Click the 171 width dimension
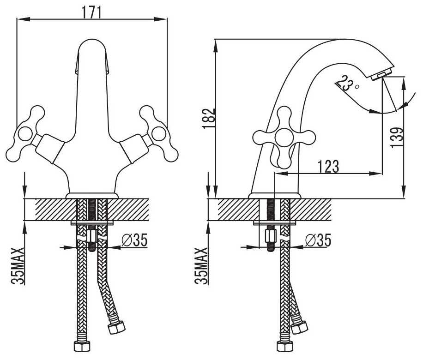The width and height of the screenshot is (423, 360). [x=91, y=12]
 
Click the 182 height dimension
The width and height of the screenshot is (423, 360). [x=209, y=119]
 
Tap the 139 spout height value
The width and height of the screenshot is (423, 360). [x=396, y=137]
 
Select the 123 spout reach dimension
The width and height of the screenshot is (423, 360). [x=328, y=166]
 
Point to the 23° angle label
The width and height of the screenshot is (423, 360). [x=347, y=84]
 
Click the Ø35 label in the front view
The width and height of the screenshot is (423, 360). [x=134, y=240]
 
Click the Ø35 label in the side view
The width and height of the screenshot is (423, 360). [x=318, y=240]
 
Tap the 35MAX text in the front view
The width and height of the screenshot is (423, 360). [x=18, y=266]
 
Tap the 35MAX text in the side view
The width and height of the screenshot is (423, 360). [x=201, y=266]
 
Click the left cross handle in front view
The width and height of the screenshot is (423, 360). [x=25, y=134]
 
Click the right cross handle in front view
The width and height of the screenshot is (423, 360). [x=159, y=134]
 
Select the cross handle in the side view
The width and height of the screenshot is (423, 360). [x=284, y=138]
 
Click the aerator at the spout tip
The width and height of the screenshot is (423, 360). [x=381, y=74]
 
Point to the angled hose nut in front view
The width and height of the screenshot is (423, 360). [x=116, y=327]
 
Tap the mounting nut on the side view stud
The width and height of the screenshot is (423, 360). [x=270, y=236]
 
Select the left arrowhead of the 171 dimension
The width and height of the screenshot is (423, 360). [x=23, y=19]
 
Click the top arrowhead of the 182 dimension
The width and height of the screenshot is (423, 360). [x=216, y=46]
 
